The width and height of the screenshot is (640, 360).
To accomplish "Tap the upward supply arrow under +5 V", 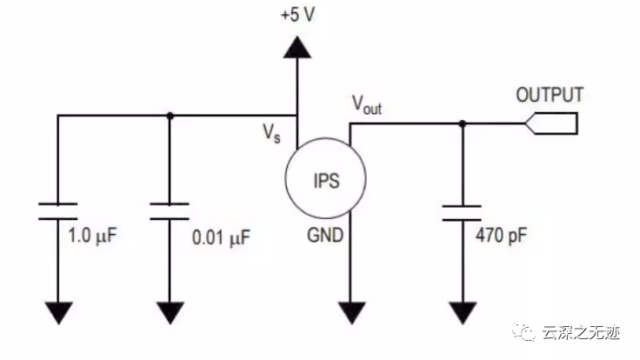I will [x=297, y=47].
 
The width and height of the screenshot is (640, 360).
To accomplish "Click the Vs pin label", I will [x=272, y=134].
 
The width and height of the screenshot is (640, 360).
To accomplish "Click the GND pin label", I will [x=323, y=235].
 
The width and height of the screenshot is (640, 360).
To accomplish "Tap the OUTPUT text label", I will [x=550, y=94].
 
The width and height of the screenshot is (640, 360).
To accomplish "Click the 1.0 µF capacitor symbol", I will [x=57, y=210].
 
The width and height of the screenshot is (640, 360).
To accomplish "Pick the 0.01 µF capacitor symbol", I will [x=170, y=210].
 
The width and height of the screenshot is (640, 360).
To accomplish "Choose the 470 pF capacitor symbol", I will [x=461, y=212].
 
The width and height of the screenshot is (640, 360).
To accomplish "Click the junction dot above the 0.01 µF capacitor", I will [x=170, y=115].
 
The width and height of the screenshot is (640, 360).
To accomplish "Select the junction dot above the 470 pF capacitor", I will [x=461, y=123].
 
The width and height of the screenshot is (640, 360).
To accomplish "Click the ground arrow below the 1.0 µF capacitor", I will [x=57, y=310].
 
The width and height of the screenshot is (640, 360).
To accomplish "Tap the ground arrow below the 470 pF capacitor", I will [x=461, y=310].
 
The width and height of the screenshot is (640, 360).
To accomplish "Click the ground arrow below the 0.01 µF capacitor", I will [x=170, y=310].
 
